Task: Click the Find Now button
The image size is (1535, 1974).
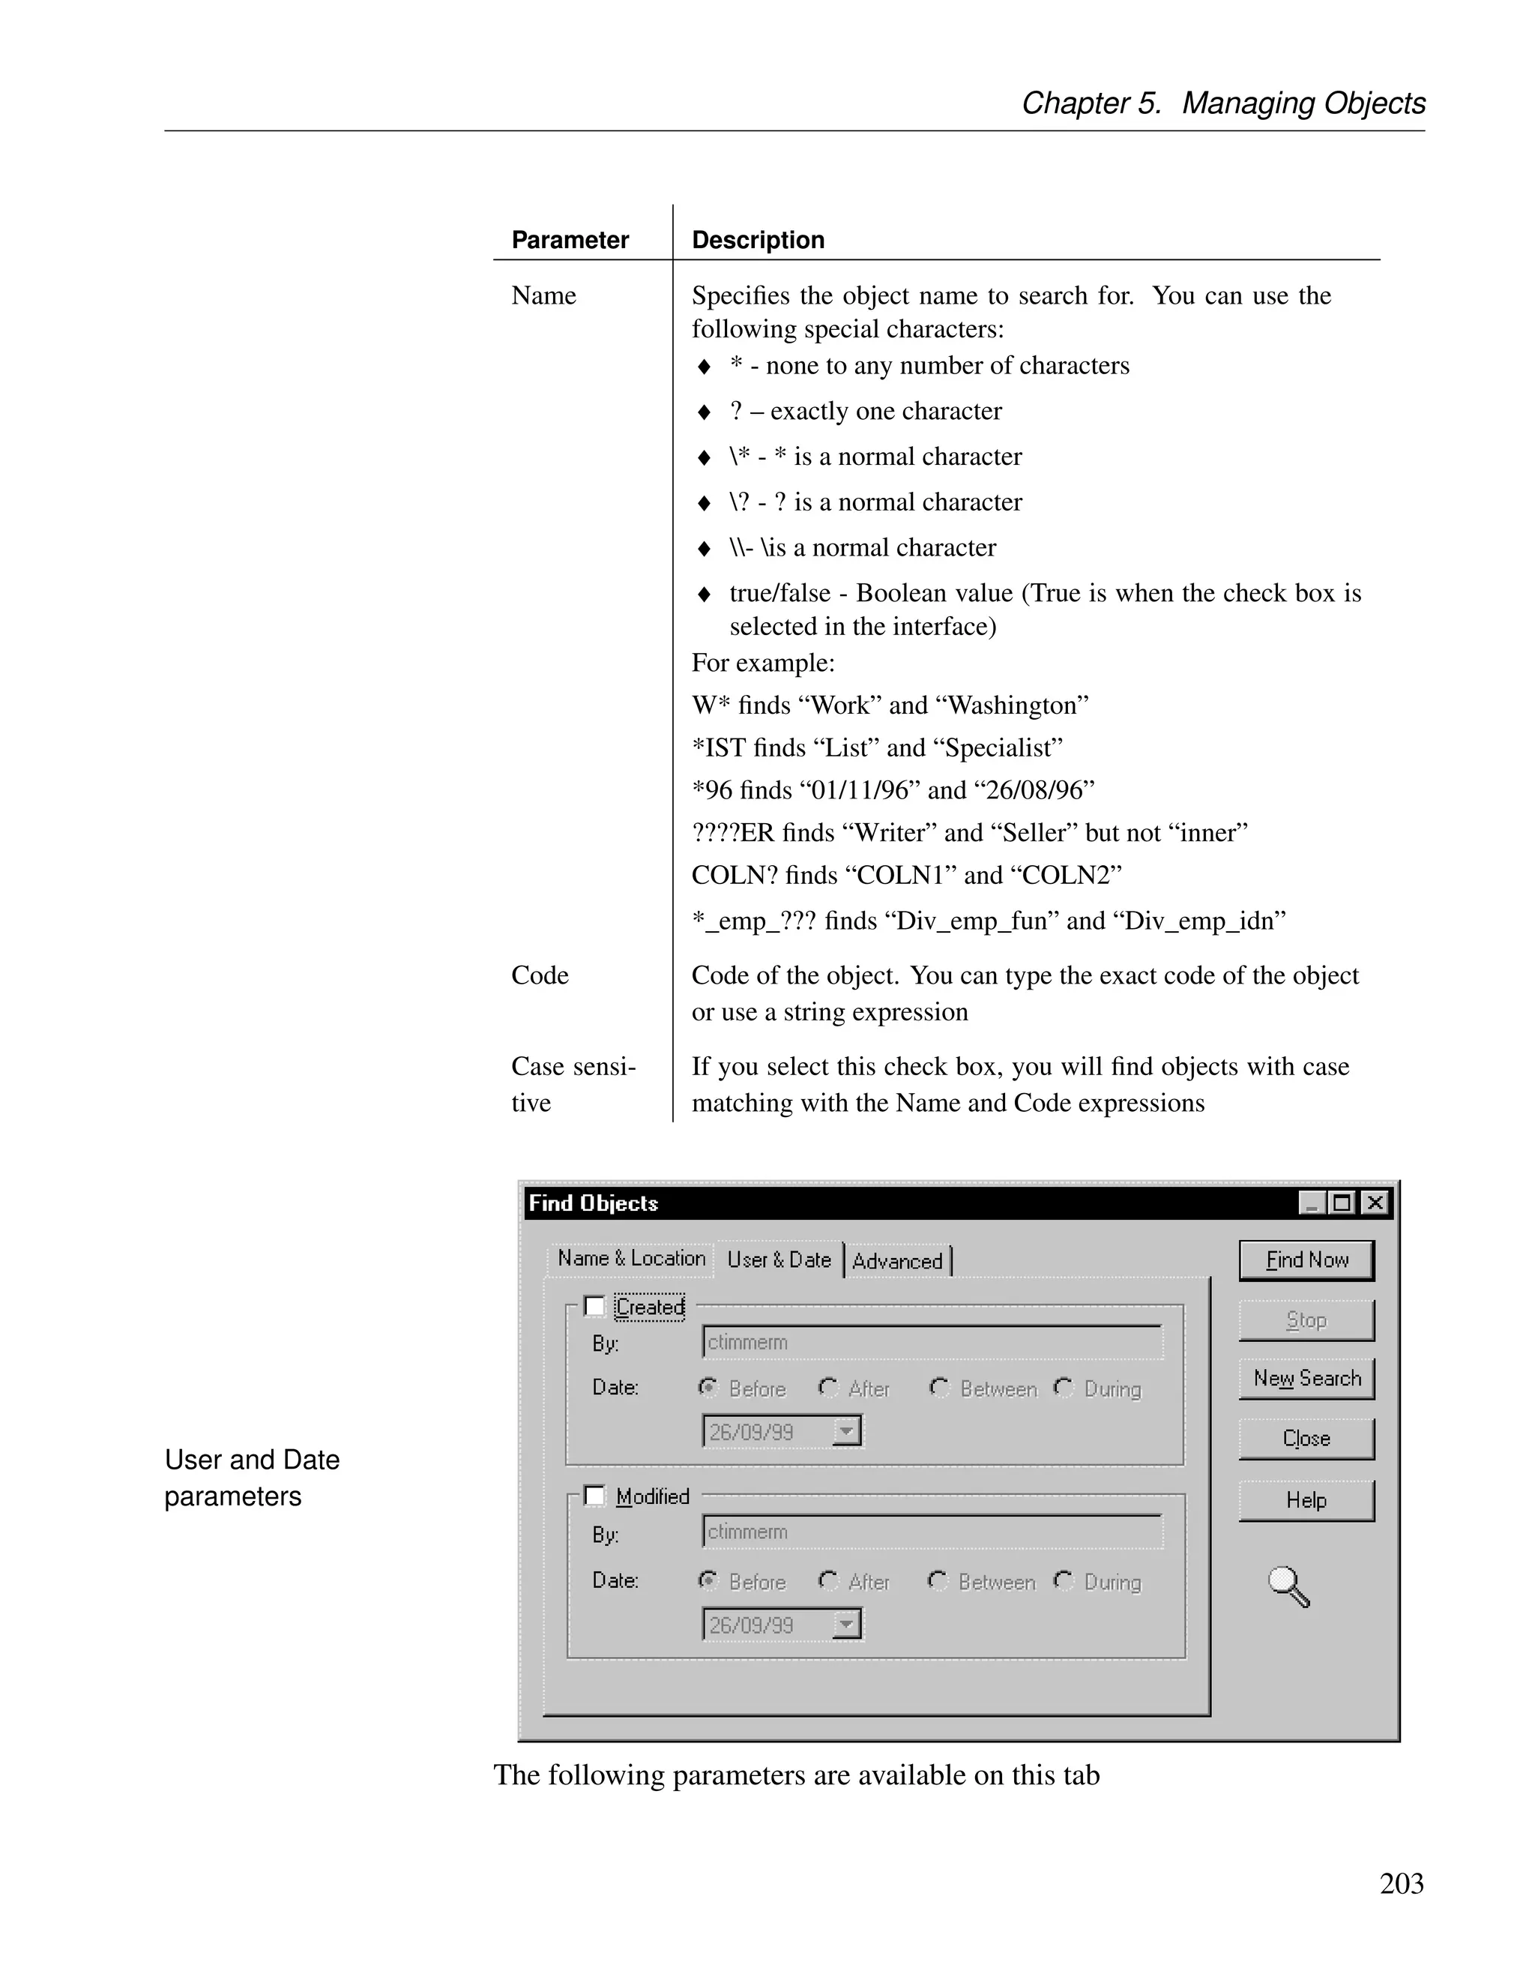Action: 1306,1260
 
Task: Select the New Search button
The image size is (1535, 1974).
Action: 1306,1379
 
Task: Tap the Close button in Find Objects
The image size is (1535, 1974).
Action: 1306,1438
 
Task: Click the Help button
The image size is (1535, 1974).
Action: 1306,1500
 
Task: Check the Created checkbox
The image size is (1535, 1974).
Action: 594,1306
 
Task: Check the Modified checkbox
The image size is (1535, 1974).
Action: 594,1496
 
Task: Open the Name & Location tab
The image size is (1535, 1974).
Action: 630,1258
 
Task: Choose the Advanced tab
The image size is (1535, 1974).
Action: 897,1261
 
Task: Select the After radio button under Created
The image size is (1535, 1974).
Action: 827,1388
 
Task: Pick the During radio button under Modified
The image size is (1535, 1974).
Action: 1064,1581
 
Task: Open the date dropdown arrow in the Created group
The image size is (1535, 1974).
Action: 846,1432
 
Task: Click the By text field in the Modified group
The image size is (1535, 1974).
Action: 932,1532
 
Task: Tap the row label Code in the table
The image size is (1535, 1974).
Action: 540,975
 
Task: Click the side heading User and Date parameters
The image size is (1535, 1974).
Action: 252,1478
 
